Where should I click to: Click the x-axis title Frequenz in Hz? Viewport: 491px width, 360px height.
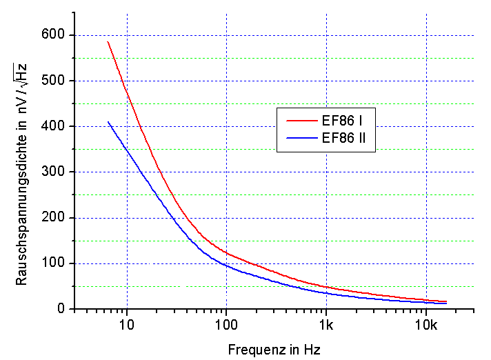click(x=274, y=349)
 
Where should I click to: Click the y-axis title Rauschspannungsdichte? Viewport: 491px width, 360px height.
click(x=23, y=172)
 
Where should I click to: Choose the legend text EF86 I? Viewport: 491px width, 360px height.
click(x=343, y=121)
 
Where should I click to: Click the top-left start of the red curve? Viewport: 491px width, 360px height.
click(x=108, y=41)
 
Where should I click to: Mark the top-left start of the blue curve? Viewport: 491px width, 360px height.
click(x=108, y=122)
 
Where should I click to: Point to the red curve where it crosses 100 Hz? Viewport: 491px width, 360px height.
click(x=226, y=253)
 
